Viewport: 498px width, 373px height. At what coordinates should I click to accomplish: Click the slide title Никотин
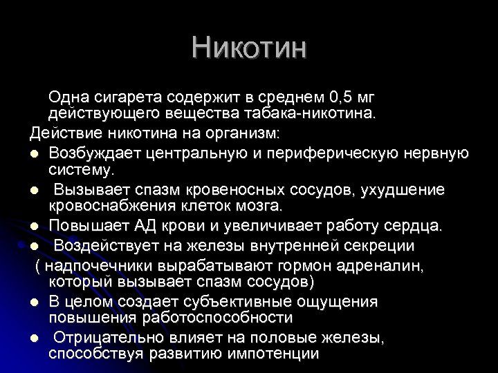coord(249,48)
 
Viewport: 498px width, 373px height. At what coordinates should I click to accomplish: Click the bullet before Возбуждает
coord(35,153)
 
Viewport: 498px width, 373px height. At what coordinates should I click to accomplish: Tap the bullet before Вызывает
coord(35,190)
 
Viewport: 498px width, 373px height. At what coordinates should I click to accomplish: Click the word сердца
coord(419,227)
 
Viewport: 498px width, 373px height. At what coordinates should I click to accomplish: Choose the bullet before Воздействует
coord(35,246)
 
